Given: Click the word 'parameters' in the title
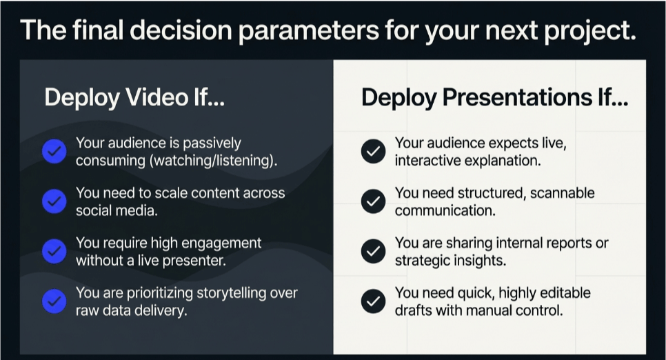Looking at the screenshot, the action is (309, 31).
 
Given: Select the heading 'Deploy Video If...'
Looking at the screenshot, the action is (134, 97).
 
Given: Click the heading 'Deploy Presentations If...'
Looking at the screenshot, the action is (495, 97).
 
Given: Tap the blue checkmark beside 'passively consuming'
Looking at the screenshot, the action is (54, 151).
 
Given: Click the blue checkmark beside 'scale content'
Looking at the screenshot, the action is (54, 201).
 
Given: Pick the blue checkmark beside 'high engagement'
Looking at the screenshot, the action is (54, 251).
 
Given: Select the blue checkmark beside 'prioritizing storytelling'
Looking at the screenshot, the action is (54, 301).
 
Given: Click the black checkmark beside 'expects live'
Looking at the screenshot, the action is (374, 151).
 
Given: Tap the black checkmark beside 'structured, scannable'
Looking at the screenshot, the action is (374, 201).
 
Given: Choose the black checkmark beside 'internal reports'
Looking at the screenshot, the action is (374, 251).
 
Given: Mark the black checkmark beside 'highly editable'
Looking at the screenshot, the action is (374, 301).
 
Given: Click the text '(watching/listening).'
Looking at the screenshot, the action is (213, 161).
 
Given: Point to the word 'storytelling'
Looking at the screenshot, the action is (232, 293).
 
